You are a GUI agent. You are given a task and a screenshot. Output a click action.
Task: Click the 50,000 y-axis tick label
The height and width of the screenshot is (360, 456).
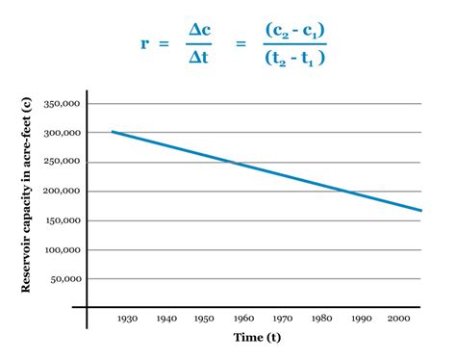coord(63,278)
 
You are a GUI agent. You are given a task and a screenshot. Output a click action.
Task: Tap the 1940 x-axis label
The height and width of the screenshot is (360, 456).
coord(166,317)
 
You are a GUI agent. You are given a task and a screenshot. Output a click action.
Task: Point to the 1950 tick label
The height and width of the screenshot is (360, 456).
coord(205,317)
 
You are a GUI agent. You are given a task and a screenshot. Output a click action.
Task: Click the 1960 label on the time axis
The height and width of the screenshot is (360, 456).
coord(243,317)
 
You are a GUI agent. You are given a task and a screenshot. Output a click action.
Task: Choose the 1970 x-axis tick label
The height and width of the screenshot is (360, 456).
coord(282,317)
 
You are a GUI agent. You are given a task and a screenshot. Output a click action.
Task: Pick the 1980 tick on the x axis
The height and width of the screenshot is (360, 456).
coord(320,317)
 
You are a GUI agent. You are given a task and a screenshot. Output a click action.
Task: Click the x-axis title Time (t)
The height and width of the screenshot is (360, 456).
coord(256,337)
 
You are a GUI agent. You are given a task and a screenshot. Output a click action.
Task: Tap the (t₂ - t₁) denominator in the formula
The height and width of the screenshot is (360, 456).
coord(294,58)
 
